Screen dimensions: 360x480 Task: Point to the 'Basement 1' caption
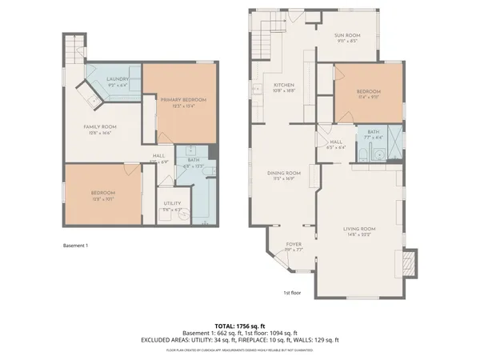pos(75,246)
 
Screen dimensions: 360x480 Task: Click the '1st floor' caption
pos(292,293)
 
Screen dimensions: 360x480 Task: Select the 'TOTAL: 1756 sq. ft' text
pos(240,326)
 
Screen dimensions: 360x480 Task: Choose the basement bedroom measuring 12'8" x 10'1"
pos(102,195)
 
